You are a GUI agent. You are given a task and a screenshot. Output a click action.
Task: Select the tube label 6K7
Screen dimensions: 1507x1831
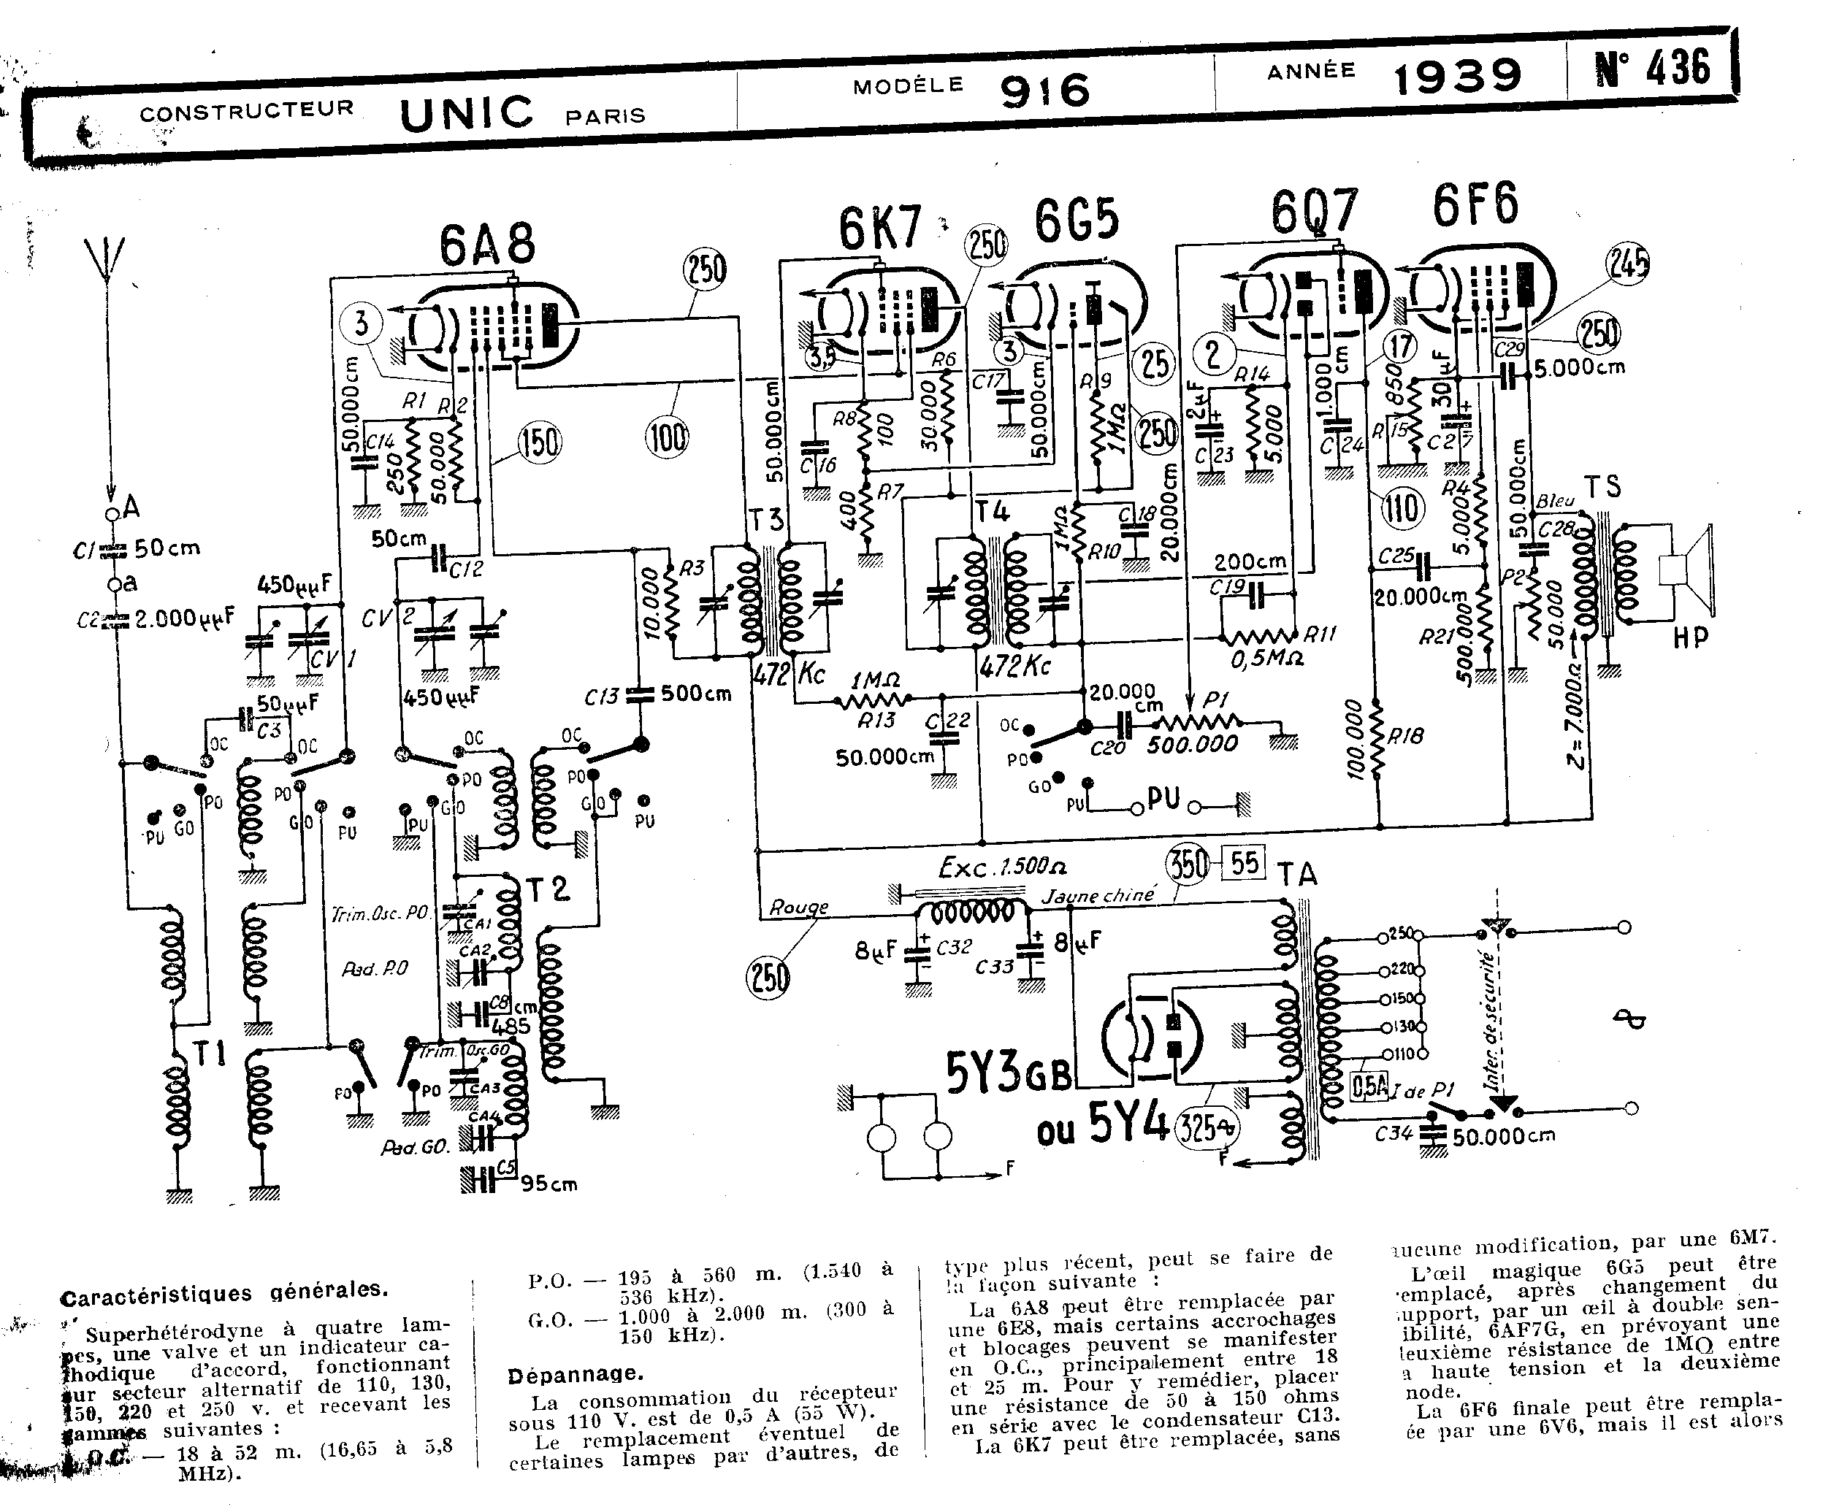coord(879,229)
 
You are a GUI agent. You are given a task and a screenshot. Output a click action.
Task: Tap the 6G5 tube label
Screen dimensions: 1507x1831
coord(1077,221)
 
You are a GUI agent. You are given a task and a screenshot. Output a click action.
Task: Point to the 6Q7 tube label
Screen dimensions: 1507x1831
coord(1314,212)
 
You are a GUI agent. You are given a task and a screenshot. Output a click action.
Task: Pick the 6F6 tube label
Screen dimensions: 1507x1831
coord(1475,206)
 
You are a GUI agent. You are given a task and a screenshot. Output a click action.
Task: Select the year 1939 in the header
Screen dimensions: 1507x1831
coord(1458,77)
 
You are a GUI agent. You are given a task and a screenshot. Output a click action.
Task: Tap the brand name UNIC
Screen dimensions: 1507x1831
coord(466,114)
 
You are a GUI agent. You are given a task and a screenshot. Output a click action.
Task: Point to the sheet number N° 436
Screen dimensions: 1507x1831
coord(1652,68)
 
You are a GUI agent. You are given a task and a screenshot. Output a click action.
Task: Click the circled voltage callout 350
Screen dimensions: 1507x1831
coord(1188,864)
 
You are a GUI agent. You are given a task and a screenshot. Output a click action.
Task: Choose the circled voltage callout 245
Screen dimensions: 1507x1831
coord(1628,263)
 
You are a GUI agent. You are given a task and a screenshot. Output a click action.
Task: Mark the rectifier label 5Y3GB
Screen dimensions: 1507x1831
coord(1008,1075)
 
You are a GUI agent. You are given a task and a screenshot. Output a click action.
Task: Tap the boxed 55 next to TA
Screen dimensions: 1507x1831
coord(1243,862)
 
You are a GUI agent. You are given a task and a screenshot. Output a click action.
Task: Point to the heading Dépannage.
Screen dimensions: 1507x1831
coord(575,1374)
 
